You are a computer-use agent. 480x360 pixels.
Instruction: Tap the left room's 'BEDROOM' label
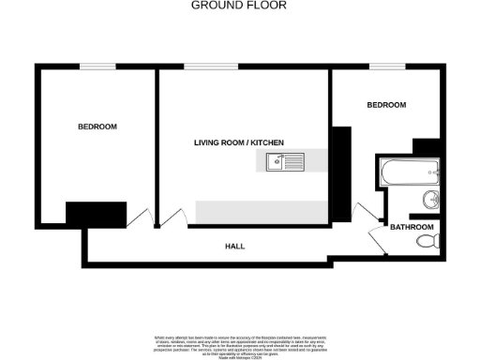click(97, 127)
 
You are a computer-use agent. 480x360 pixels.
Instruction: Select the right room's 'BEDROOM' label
click(385, 105)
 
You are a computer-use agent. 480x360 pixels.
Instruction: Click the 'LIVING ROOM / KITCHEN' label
click(238, 142)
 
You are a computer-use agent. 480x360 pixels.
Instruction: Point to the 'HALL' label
click(234, 246)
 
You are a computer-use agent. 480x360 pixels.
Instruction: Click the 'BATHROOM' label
click(412, 228)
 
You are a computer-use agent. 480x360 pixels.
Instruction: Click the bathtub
click(409, 172)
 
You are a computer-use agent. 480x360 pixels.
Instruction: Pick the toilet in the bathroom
click(427, 242)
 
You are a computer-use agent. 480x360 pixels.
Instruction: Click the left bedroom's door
click(141, 217)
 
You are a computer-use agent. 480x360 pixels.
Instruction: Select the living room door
click(172, 217)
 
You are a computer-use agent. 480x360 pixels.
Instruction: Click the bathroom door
click(379, 240)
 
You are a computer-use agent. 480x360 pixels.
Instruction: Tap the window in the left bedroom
click(97, 67)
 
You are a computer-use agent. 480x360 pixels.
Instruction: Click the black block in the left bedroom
click(96, 213)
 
